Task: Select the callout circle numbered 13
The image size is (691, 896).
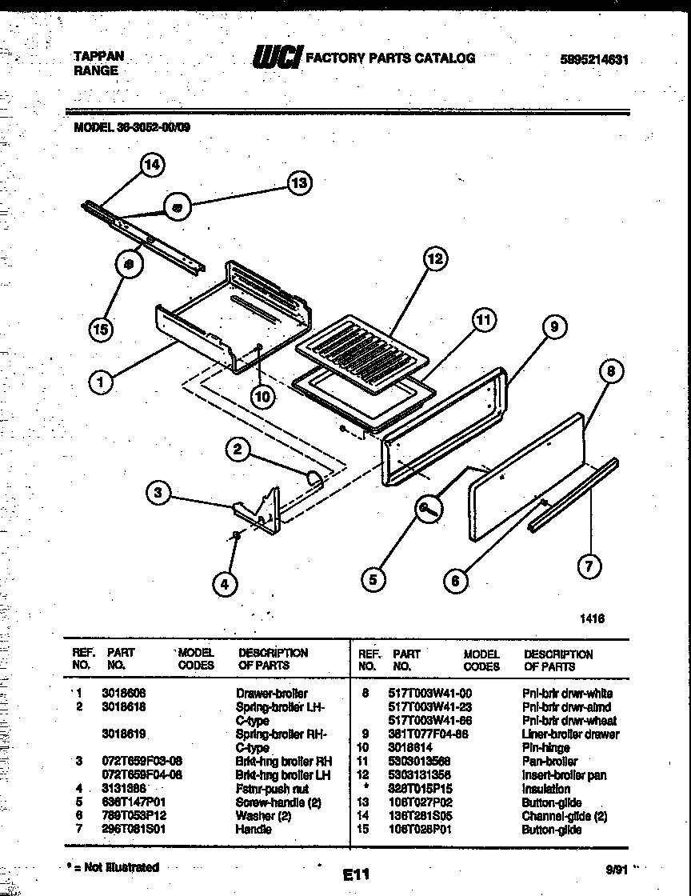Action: click(298, 183)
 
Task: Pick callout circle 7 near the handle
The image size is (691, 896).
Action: click(589, 566)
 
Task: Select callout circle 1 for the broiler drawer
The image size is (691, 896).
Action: click(101, 382)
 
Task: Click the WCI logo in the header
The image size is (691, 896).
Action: click(276, 58)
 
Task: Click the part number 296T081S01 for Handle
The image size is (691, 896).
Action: click(134, 829)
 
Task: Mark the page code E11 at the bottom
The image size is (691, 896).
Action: click(356, 875)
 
